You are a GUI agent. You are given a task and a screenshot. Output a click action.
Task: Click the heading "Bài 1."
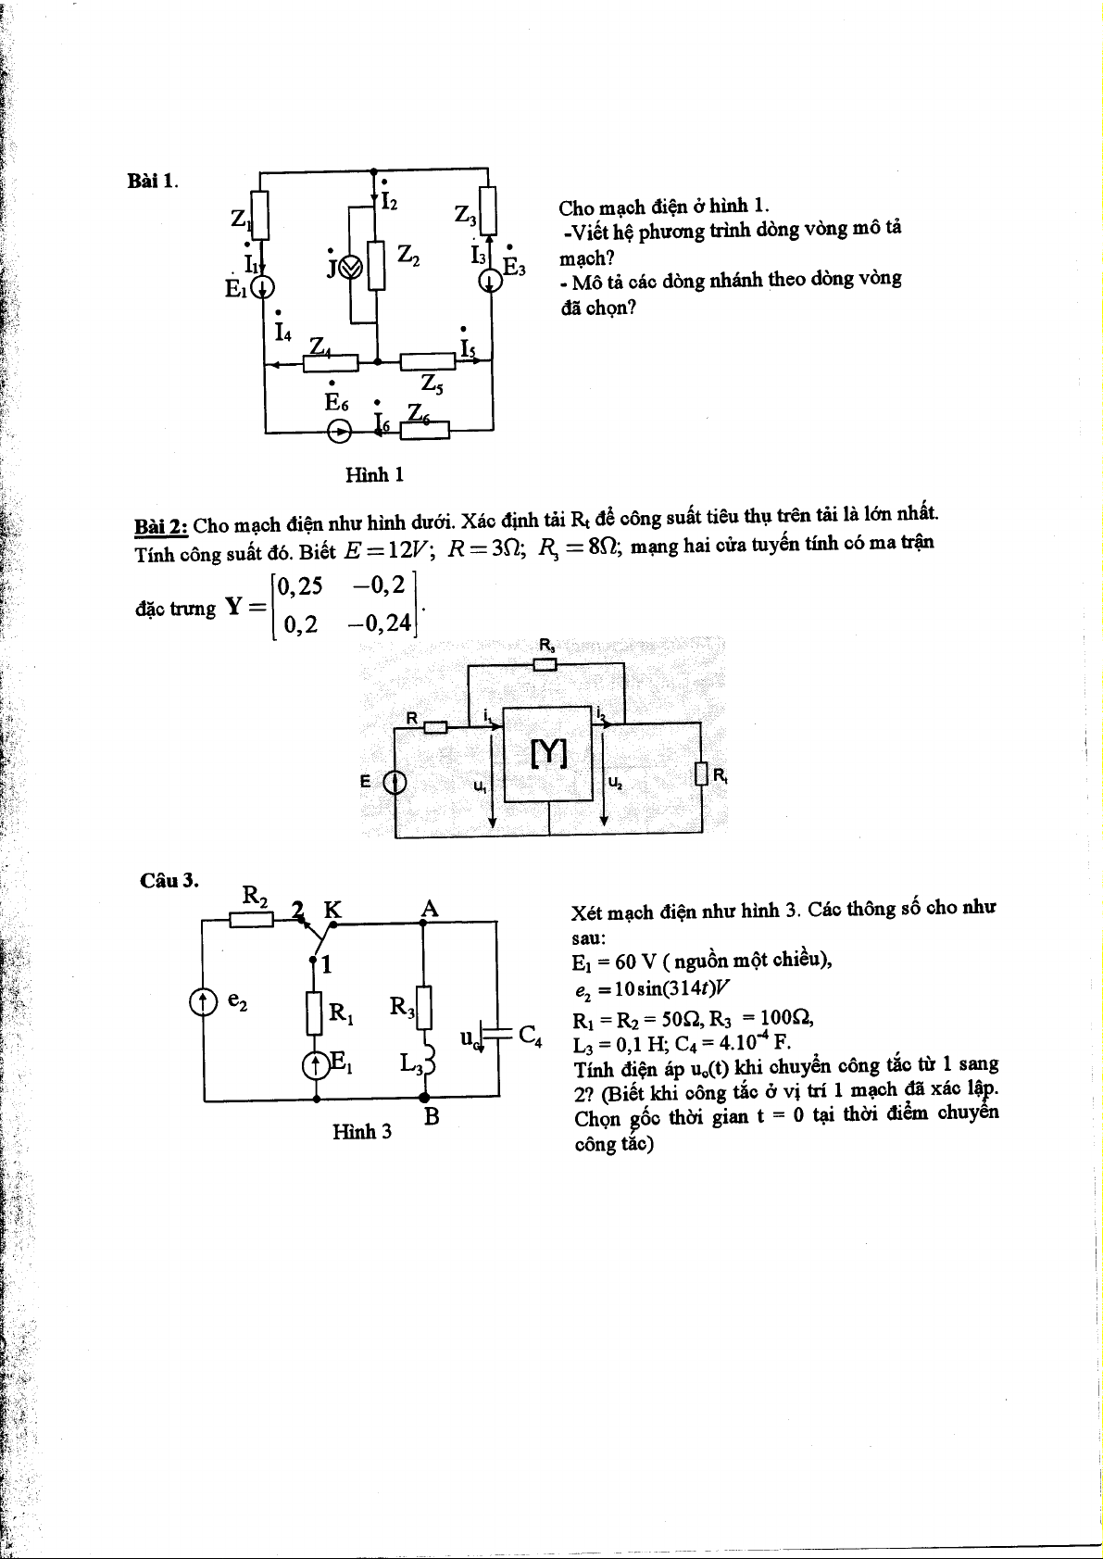(152, 181)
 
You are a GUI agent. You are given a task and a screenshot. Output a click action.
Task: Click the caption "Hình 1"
(374, 475)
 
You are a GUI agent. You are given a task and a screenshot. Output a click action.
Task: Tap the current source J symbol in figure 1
(349, 269)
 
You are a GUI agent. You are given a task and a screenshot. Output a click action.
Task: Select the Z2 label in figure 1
(408, 256)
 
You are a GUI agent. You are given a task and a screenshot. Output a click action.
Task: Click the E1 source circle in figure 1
(264, 287)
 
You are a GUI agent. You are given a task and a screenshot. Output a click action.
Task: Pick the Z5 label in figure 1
(432, 383)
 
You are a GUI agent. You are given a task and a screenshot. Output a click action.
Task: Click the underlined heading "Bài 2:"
(161, 526)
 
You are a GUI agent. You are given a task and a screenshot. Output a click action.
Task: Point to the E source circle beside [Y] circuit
(395, 784)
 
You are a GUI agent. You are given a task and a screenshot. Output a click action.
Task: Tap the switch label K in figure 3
(332, 910)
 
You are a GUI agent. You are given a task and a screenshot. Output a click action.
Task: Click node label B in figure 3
(431, 1117)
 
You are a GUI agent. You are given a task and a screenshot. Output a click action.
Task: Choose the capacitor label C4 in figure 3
(530, 1035)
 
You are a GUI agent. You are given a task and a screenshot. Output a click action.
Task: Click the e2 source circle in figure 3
(203, 1001)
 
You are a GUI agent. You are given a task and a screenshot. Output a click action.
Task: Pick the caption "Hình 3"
(361, 1131)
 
